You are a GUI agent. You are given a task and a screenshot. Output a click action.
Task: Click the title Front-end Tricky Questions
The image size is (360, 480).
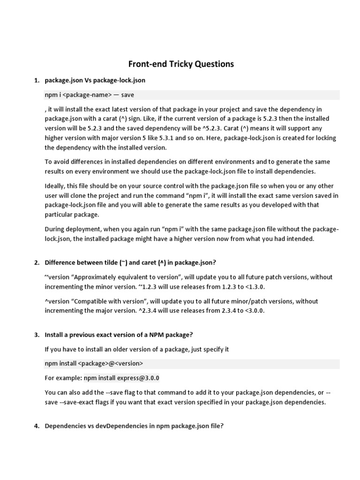(181, 64)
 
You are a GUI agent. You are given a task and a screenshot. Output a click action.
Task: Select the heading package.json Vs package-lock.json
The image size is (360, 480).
(95, 80)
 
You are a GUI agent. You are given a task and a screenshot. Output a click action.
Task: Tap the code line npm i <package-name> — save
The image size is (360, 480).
(89, 95)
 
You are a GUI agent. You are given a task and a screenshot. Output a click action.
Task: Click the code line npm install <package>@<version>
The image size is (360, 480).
(94, 363)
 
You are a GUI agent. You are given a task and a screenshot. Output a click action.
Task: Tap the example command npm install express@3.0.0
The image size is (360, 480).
(124, 378)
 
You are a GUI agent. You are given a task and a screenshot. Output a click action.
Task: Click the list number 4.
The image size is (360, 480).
(37, 427)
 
